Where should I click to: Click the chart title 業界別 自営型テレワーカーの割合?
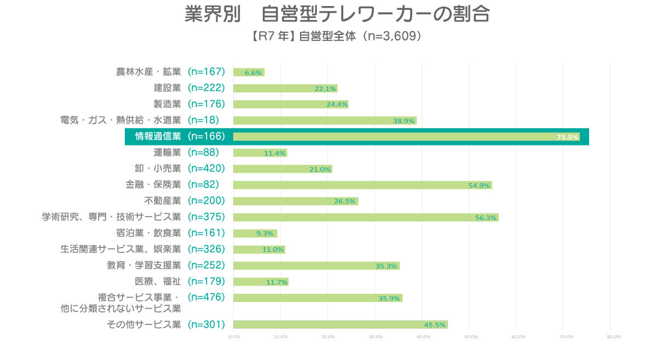coord(337,14)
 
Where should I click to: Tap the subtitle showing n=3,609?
coord(337,36)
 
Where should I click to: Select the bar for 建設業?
coord(285,88)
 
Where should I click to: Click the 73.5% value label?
coord(567,137)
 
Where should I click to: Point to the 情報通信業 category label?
coord(158,136)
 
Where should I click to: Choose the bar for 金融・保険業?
coord(363,185)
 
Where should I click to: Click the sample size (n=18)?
coord(203,120)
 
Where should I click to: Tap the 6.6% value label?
coord(253,72)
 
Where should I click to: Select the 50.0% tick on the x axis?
coord(471,337)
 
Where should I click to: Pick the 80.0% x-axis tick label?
coord(614,337)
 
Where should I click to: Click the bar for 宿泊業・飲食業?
coord(255,234)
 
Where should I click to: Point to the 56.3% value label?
coord(486,218)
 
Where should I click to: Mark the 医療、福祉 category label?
coord(158,281)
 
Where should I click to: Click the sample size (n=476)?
coord(206,297)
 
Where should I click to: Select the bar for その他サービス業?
coord(341,324)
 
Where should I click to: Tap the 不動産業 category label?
coord(163,201)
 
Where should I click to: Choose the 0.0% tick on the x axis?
coord(234,337)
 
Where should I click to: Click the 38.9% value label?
coord(404,121)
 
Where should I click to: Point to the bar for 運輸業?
coord(260,153)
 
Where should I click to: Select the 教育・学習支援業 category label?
coord(143,265)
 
